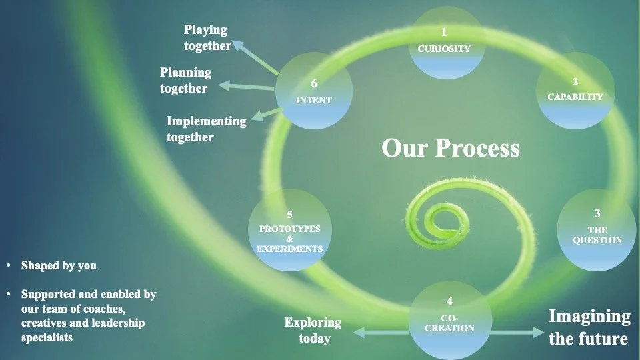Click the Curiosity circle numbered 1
click(444, 41)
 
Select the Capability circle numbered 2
click(575, 91)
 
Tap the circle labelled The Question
click(597, 230)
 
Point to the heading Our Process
click(451, 148)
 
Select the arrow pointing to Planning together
click(247, 86)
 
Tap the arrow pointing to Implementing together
click(266, 113)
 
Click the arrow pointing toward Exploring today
click(379, 332)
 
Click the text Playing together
click(207, 38)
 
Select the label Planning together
click(185, 80)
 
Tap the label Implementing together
click(206, 129)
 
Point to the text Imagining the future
click(589, 327)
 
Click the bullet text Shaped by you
click(59, 265)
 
